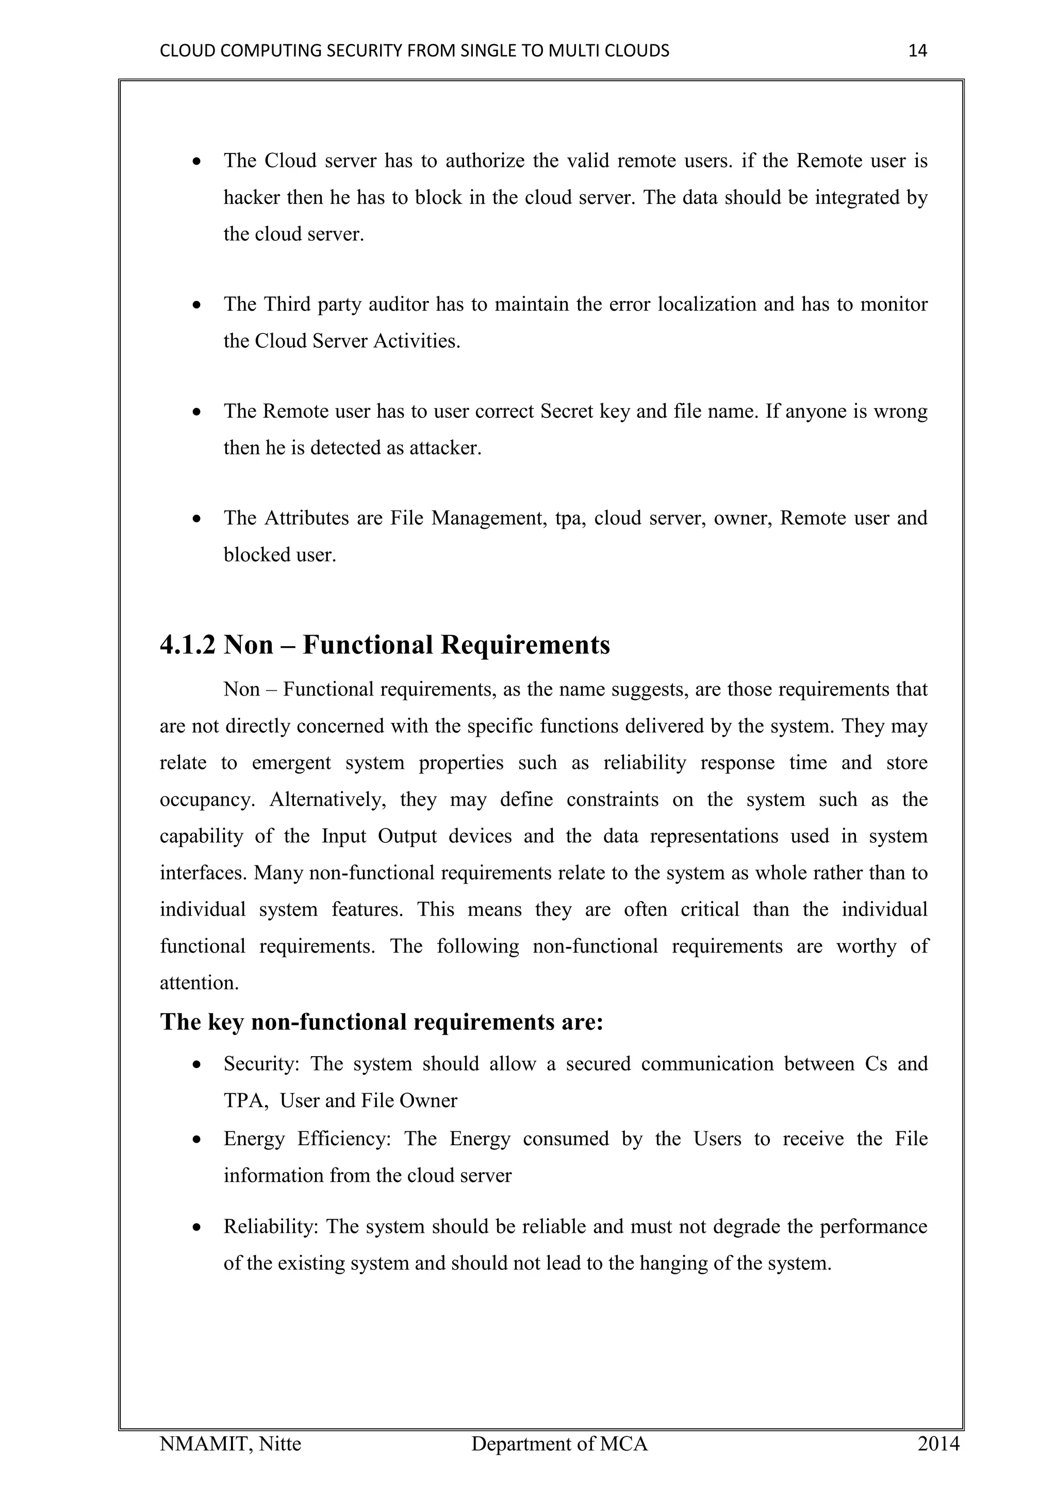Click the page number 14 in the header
(917, 50)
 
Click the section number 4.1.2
(187, 645)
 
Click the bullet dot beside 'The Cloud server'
(197, 162)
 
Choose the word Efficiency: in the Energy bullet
(343, 1139)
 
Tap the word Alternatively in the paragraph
(328, 799)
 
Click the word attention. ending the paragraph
(199, 982)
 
